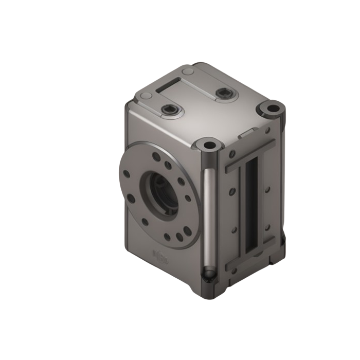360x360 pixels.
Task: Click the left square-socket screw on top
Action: click(x=169, y=110)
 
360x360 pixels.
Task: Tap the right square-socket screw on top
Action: click(x=223, y=93)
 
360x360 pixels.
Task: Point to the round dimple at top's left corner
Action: click(x=146, y=96)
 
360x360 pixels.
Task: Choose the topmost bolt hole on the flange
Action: click(x=156, y=157)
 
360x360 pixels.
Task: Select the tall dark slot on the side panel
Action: click(x=251, y=206)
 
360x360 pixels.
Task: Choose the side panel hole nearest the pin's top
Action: click(x=232, y=154)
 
